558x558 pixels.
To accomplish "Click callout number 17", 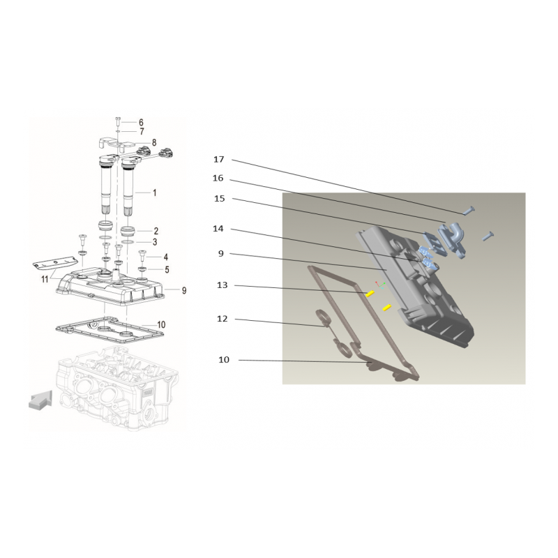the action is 219,159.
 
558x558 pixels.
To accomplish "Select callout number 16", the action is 218,178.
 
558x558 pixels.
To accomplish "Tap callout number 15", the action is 220,198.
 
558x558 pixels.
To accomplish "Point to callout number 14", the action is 218,229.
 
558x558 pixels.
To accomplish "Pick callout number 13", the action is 223,285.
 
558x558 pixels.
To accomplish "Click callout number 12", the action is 222,319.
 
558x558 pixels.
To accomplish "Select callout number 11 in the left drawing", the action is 45,280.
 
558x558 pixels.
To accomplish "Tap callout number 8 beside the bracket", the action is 154,143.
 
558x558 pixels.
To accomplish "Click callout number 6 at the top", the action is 141,123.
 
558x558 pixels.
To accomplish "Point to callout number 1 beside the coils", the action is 154,193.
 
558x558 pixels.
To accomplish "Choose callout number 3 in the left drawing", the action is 155,242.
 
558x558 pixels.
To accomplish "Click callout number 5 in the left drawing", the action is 167,270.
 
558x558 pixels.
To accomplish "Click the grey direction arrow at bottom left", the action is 40,401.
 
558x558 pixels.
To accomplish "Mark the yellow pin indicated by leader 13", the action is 370,294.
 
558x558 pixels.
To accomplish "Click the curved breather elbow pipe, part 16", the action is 452,238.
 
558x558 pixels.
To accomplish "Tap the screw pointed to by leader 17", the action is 469,211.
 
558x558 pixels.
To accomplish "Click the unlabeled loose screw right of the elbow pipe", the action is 488,236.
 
